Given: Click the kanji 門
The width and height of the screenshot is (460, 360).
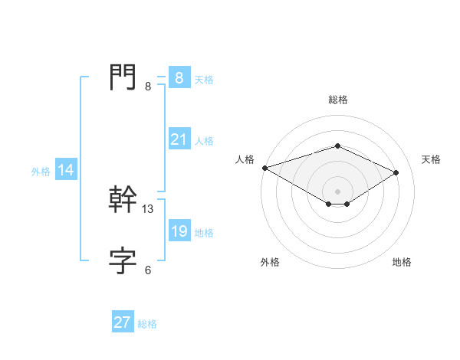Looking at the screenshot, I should click(x=123, y=77).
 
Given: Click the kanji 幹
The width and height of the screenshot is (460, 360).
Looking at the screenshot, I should click(x=123, y=201).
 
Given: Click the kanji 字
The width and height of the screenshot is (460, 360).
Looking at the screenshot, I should click(x=123, y=262).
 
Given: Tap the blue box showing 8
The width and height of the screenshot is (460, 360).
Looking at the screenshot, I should click(x=179, y=78).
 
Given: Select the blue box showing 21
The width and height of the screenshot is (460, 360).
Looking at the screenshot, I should click(x=179, y=139).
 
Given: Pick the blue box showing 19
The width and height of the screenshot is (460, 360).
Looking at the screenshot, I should click(x=179, y=231).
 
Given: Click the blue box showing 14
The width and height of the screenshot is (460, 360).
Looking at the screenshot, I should click(x=66, y=170).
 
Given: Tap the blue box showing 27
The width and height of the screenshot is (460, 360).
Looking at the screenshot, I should click(x=123, y=322).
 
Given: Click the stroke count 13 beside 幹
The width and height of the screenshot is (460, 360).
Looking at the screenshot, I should click(x=148, y=208).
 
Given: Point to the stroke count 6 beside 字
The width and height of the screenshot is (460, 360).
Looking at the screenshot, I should click(x=148, y=270).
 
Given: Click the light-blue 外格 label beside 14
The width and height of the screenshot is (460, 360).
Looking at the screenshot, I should click(x=41, y=172).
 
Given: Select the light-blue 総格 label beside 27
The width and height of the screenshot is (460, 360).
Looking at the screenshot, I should click(x=147, y=324).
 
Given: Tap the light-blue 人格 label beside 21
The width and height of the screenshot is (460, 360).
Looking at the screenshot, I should click(x=204, y=141).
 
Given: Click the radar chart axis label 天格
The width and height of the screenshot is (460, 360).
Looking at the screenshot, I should click(x=432, y=159).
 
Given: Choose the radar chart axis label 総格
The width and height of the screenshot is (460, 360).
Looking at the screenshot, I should click(x=337, y=100).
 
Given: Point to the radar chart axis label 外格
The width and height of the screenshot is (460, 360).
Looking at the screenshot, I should click(x=270, y=262).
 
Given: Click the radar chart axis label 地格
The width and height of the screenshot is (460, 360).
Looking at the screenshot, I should click(x=402, y=262).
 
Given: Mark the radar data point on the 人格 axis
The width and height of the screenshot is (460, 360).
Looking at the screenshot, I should click(x=264, y=167).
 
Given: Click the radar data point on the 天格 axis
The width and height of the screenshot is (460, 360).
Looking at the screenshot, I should click(x=396, y=172).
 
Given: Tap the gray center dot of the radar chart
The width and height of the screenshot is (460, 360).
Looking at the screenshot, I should click(x=337, y=191).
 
